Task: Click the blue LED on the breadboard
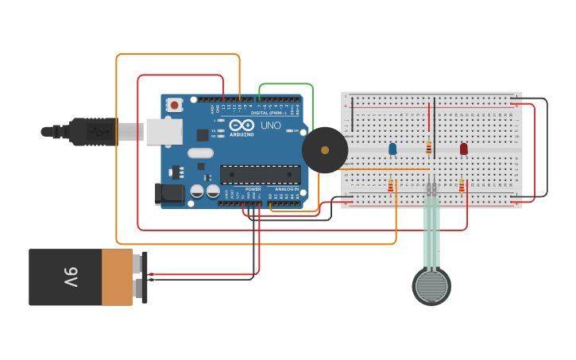392,149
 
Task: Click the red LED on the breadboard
464,149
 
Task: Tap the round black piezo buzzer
325,149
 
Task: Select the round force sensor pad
431,286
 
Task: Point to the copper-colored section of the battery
118,277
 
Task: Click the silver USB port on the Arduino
163,131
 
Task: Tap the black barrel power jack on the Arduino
169,193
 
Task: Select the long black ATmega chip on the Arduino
260,174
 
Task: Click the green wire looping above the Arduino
286,83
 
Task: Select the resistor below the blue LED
390,186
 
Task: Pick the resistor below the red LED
462,186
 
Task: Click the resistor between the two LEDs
429,147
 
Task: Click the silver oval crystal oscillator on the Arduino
201,153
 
